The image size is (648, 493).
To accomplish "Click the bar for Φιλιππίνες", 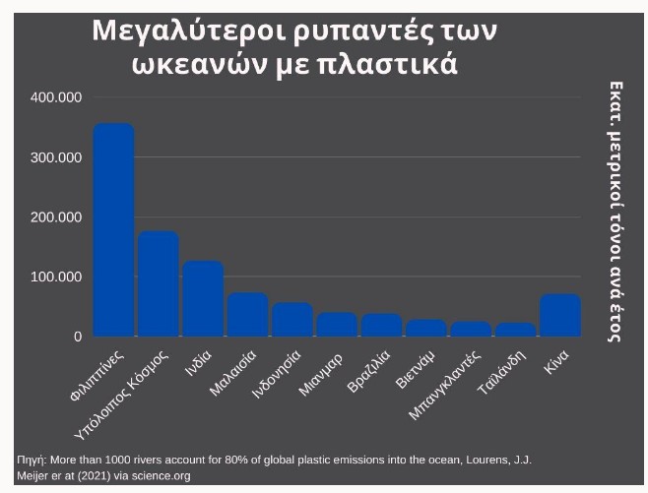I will click(113, 230).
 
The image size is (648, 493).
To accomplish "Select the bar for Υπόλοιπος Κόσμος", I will click(158, 284).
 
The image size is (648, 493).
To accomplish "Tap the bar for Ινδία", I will click(203, 299).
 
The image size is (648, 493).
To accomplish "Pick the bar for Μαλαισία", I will click(247, 315).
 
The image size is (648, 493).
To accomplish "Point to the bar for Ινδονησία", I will click(292, 320).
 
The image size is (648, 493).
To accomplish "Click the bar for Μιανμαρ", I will click(337, 325).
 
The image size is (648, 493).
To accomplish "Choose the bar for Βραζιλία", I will click(381, 326).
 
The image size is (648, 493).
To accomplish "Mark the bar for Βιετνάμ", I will click(426, 329).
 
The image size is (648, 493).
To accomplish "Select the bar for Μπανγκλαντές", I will click(471, 330).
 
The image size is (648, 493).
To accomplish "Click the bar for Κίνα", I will click(560, 316).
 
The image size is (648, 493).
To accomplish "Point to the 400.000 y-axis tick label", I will click(55, 98).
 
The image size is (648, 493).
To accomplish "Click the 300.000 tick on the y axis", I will click(55, 158).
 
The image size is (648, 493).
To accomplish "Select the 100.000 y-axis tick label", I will click(55, 277).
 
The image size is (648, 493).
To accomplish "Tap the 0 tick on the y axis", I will click(76, 337).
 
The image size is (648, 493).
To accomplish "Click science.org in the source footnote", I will click(162, 476).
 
